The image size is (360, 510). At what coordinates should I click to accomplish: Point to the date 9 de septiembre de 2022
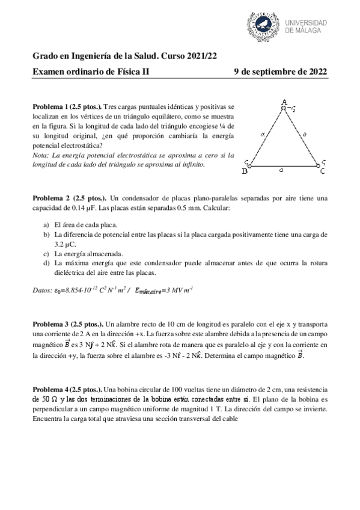click(280, 72)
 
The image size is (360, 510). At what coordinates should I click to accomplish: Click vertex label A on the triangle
click(283, 102)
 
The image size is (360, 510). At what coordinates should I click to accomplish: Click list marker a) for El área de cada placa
click(46, 224)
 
